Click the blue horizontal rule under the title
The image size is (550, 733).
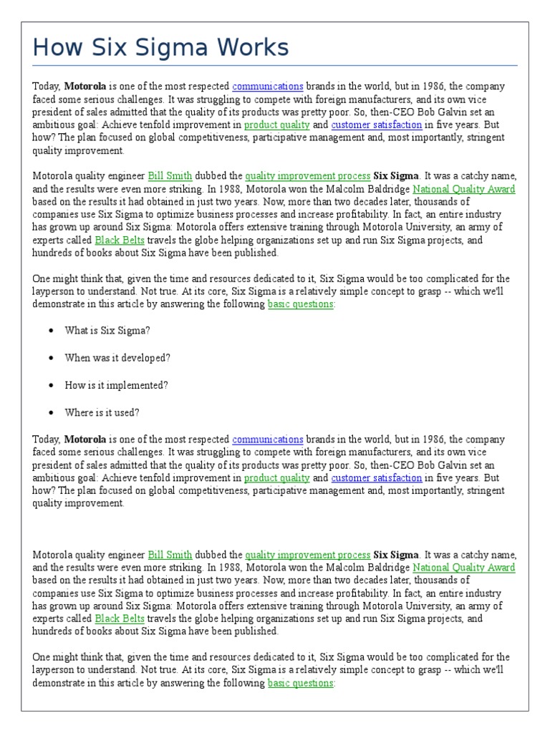pos(275,65)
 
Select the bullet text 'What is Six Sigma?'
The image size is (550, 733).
pos(107,331)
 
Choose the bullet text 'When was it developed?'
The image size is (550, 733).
pos(117,358)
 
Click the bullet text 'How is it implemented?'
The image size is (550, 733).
pos(116,385)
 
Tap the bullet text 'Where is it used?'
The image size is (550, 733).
pos(102,412)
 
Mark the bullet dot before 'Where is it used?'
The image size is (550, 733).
pos(51,413)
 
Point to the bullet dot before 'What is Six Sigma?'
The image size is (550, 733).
pos(51,331)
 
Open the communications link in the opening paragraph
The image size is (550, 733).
pos(268,86)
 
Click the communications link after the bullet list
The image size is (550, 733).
pos(268,440)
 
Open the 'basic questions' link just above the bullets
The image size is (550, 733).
pos(300,304)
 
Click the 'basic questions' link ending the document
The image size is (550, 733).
pos(300,684)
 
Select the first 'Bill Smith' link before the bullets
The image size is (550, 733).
pos(170,176)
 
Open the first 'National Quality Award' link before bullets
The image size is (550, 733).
pos(463,189)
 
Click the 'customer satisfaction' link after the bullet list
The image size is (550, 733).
pos(376,478)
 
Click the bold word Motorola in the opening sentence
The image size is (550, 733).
pos(85,86)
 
